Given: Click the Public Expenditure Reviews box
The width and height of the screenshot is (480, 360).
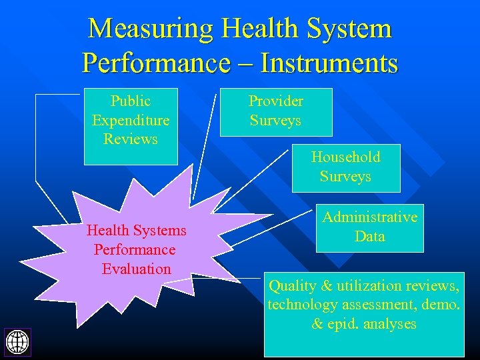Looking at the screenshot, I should (x=131, y=126).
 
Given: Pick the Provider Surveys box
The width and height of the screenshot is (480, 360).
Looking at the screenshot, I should (x=275, y=112).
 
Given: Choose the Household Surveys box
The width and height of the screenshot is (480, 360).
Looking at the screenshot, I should (x=345, y=167).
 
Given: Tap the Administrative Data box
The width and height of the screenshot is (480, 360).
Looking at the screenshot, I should (x=369, y=227).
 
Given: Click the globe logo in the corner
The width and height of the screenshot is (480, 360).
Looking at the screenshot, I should (x=17, y=341).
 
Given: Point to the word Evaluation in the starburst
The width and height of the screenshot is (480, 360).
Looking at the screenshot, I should (x=137, y=269).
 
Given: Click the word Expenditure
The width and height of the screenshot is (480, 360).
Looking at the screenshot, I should (x=131, y=121).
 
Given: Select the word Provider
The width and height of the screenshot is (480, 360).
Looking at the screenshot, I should (x=275, y=101).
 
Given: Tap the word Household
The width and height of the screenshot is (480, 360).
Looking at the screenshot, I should (x=345, y=157).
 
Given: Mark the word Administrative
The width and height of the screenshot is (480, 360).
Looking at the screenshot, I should (x=369, y=217).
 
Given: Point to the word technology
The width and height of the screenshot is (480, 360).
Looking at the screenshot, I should (x=302, y=305).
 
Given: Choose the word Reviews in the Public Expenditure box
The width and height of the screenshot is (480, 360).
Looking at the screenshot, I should (x=131, y=139).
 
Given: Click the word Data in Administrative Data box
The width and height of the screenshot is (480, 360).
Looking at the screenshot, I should (x=369, y=237).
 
